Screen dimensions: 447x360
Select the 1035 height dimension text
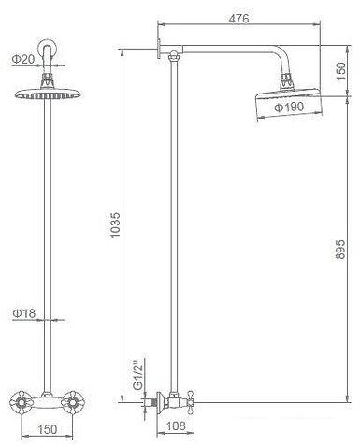[x=114, y=225]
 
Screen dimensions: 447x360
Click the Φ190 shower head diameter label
[x=289, y=108]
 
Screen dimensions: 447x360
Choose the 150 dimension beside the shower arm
[x=340, y=71]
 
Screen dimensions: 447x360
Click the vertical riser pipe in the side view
[x=168, y=234]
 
